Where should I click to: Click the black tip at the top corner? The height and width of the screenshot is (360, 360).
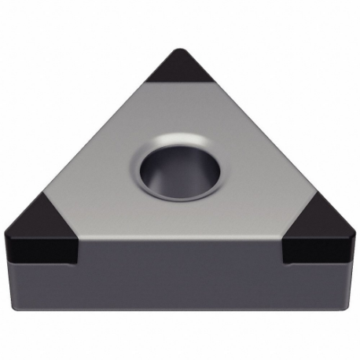coord(179,69)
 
